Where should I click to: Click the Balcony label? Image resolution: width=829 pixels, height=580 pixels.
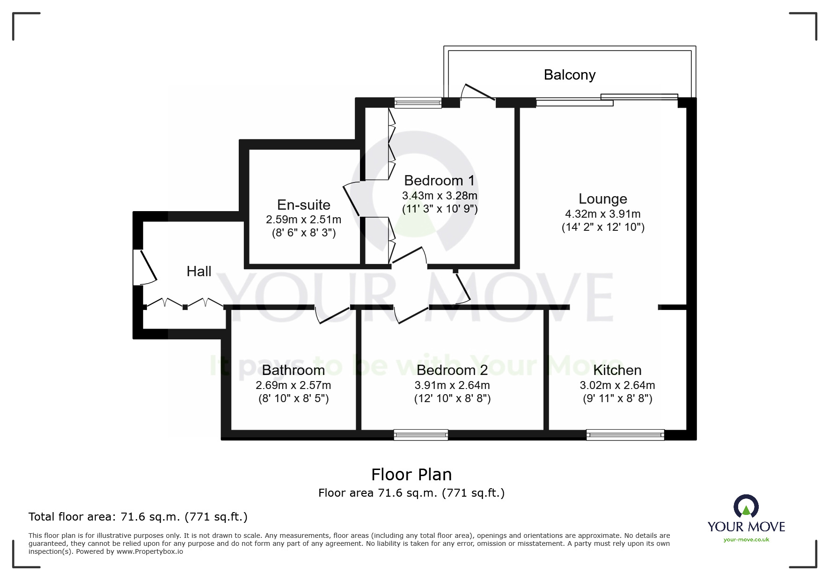click(x=569, y=75)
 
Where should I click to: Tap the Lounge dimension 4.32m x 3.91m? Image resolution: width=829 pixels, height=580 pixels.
click(x=602, y=214)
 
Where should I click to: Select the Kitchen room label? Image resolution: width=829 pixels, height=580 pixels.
click(x=617, y=370)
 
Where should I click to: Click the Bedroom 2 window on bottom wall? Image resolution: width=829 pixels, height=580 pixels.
click(x=420, y=435)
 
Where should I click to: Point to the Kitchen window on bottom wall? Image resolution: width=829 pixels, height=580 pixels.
click(x=625, y=435)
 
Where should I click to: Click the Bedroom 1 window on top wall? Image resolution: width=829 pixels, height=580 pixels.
click(x=418, y=103)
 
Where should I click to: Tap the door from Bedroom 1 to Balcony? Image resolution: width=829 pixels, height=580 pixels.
click(x=477, y=93)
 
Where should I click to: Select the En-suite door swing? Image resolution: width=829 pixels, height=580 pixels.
click(x=352, y=200)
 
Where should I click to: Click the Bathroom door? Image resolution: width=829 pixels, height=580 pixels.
click(x=332, y=315)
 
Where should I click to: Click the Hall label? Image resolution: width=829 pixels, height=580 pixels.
click(x=198, y=272)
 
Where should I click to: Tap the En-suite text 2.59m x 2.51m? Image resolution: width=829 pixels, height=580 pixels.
click(x=303, y=220)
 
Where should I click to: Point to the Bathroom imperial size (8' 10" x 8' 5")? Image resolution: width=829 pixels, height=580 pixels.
click(x=293, y=399)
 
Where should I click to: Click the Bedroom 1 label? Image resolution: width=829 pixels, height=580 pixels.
click(x=439, y=181)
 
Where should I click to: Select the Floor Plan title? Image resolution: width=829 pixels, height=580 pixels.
click(x=411, y=475)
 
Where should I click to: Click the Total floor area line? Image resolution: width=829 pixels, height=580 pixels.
click(x=138, y=517)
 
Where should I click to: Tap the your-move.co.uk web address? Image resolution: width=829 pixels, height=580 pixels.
click(x=746, y=540)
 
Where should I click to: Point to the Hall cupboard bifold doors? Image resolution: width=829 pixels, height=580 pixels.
click(x=184, y=303)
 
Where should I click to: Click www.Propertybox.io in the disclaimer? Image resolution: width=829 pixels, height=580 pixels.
click(x=150, y=551)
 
